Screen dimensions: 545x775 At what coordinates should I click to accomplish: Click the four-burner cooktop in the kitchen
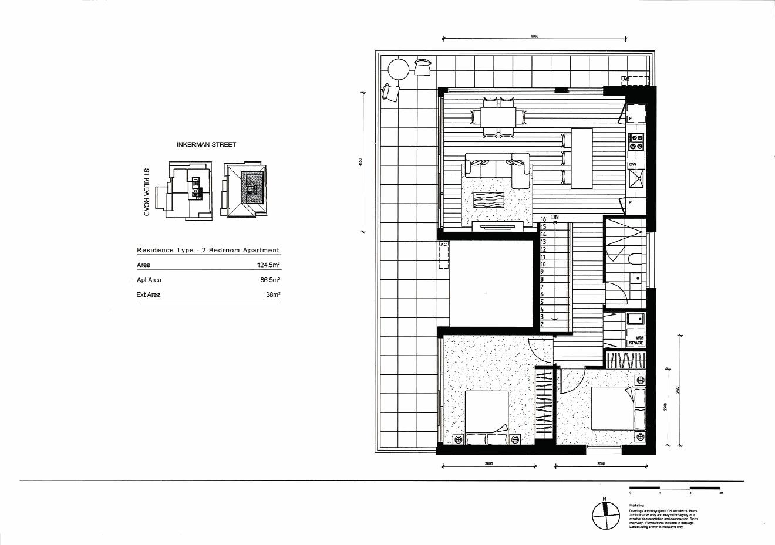(636, 142)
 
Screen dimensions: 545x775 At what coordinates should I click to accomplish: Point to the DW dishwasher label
(632, 165)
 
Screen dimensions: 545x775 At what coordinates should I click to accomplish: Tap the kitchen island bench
(582, 158)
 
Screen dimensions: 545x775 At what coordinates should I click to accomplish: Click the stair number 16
(544, 219)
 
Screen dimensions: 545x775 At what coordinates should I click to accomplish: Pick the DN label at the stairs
(555, 217)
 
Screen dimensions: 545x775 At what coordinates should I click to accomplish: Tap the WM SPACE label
(636, 340)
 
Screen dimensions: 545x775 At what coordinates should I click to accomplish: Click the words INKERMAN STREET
(206, 145)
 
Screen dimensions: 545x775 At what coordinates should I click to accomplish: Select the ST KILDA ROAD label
(147, 192)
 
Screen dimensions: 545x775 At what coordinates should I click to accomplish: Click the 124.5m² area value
(268, 265)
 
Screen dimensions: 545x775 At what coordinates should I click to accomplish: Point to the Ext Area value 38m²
(273, 295)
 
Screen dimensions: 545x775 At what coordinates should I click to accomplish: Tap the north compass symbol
(605, 514)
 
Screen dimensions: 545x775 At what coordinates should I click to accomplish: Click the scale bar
(675, 488)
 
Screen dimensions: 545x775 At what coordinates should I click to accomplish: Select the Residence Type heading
(208, 250)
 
